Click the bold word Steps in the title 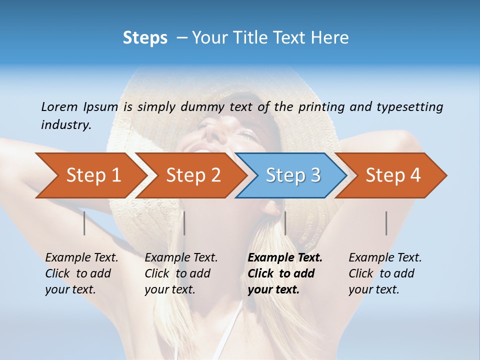pyautogui.click(x=145, y=38)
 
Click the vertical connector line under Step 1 pyautogui.click(x=84, y=223)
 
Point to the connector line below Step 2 pyautogui.click(x=184, y=223)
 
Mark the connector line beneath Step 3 pyautogui.click(x=285, y=223)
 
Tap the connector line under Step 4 pyautogui.click(x=386, y=223)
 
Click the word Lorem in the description pyautogui.click(x=59, y=106)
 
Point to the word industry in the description pyautogui.click(x=66, y=124)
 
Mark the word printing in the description pyautogui.click(x=320, y=107)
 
